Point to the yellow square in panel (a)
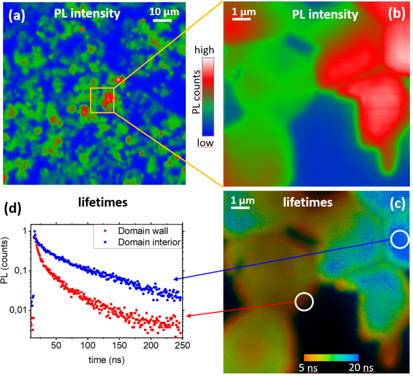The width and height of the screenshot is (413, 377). point(102,100)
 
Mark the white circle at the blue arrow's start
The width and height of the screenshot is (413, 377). point(399,239)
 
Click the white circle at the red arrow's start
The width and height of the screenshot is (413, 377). point(304,302)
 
